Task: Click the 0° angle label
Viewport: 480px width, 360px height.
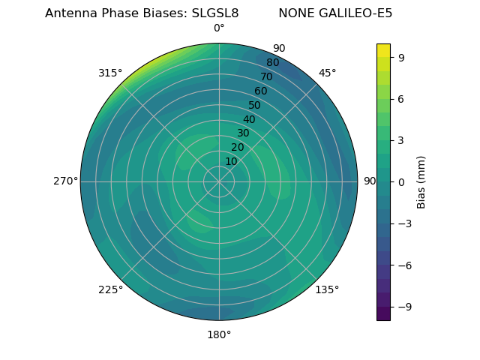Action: point(219,28)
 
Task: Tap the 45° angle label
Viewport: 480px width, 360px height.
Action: point(327,73)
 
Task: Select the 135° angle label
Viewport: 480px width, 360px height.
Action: point(327,289)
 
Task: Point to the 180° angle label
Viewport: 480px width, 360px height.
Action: point(219,334)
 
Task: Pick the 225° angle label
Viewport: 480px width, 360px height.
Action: point(110,289)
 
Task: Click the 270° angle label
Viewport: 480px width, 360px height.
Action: point(65,181)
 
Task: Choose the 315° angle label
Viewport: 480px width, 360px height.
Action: point(110,73)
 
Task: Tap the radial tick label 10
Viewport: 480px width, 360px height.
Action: point(231,161)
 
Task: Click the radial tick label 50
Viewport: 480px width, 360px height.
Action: point(255,105)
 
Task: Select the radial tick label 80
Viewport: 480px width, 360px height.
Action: point(273,63)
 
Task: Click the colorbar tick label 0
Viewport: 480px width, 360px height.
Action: point(402,181)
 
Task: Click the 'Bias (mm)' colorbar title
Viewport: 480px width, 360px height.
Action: point(421,181)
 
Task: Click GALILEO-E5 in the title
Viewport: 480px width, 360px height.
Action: point(356,13)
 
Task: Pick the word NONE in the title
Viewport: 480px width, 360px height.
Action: point(297,13)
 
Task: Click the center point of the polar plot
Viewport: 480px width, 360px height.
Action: point(219,181)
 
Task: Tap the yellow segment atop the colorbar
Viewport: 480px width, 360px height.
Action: point(383,49)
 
